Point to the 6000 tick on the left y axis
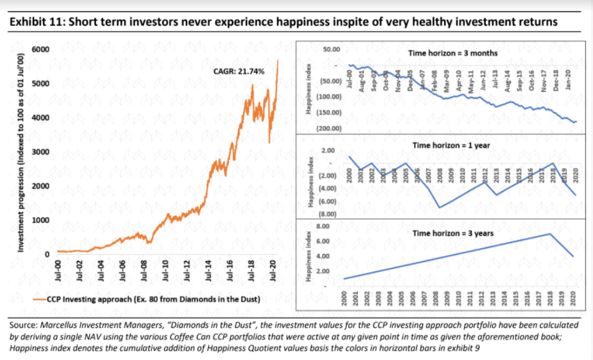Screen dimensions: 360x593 [41, 50]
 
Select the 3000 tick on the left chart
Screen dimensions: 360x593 [41, 152]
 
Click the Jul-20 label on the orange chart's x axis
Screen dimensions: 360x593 [272, 269]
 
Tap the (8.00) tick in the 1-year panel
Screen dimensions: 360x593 [328, 215]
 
